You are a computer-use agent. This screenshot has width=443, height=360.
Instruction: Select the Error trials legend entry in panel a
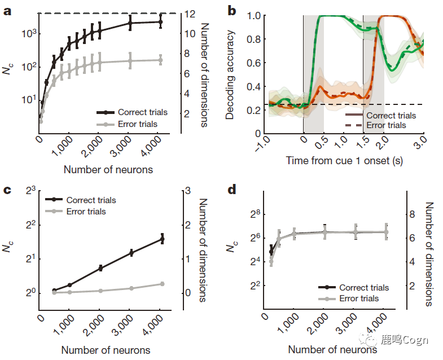(x=138, y=124)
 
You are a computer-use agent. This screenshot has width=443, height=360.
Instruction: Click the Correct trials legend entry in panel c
(x=90, y=200)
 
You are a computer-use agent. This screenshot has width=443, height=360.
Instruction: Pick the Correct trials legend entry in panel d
(x=363, y=288)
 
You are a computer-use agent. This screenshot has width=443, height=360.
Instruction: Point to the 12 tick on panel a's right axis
(x=192, y=13)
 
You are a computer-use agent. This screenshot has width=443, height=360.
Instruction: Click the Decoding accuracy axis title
(x=230, y=74)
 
